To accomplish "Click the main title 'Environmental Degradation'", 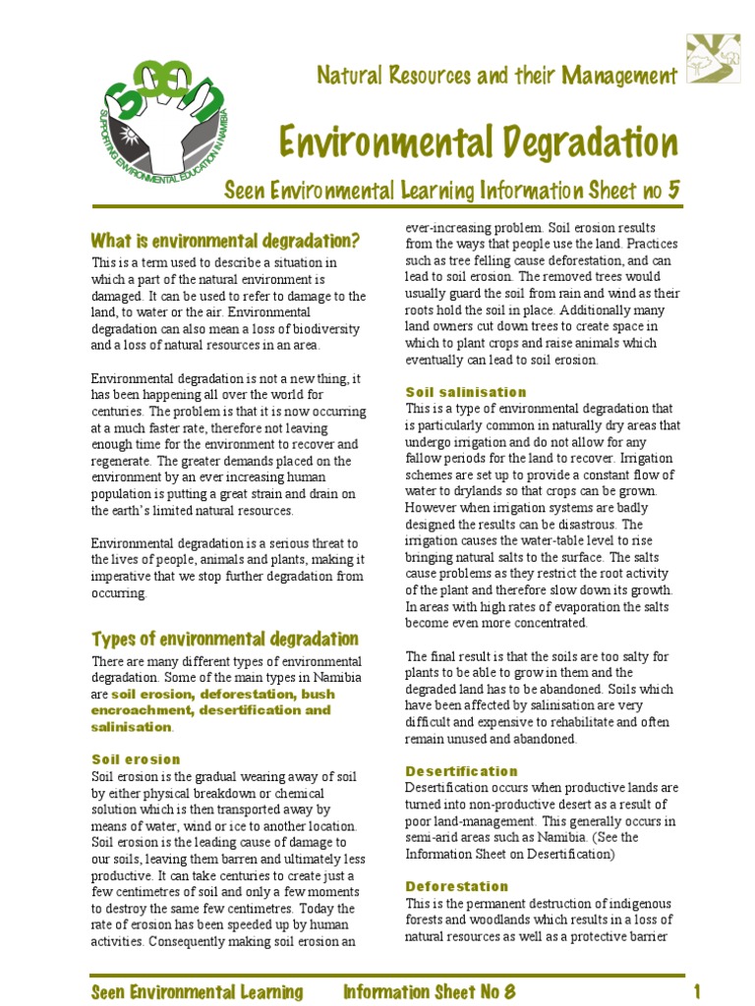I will (x=478, y=142).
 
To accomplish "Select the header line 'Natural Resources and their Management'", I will (x=496, y=76).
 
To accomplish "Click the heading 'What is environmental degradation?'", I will (x=225, y=241).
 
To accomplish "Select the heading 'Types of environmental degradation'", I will (x=224, y=639).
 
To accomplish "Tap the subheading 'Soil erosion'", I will (x=136, y=759).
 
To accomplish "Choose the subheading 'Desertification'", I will (x=461, y=771).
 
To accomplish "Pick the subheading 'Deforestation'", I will (x=456, y=886).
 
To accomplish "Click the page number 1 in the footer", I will (x=696, y=990).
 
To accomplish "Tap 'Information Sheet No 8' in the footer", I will (x=429, y=990).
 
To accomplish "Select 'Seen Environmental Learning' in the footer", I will (x=197, y=990).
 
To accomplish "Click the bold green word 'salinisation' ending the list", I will (x=131, y=727).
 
